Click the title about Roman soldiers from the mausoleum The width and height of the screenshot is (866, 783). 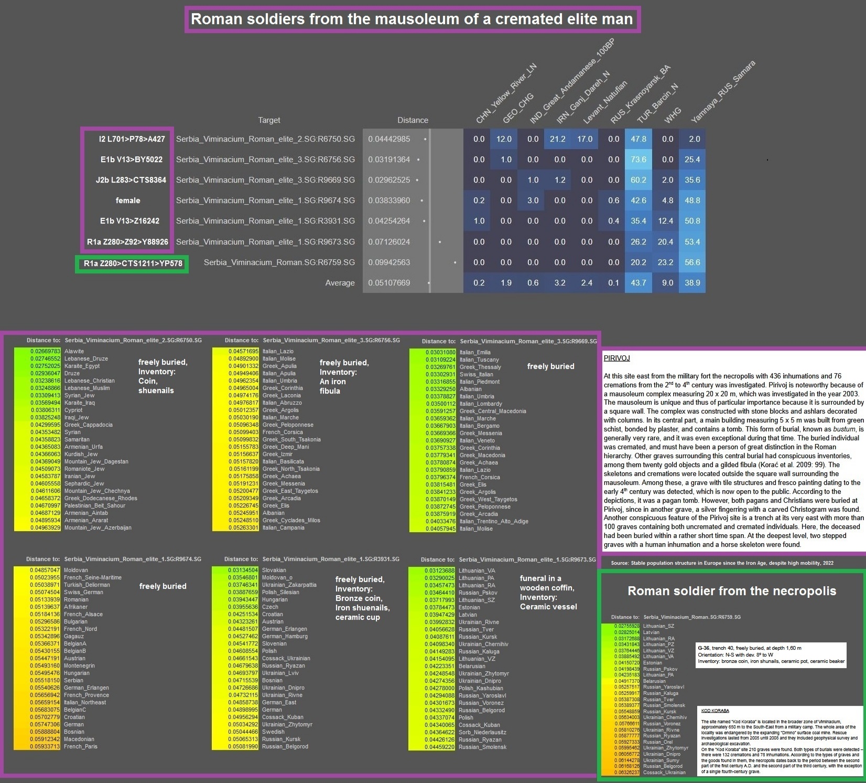point(412,19)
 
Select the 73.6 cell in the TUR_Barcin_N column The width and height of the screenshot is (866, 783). point(638,160)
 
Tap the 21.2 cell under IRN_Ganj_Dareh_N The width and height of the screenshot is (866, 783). point(557,139)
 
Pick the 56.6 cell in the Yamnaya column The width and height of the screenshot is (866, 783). point(692,262)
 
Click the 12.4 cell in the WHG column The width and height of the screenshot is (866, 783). point(665,221)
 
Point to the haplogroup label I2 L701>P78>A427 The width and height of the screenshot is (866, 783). point(132,139)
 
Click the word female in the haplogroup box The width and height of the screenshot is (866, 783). point(128,200)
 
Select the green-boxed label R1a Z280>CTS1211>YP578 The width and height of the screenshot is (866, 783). point(133,263)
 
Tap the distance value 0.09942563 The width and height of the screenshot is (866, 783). point(389,262)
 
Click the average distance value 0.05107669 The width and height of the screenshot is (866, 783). point(389,283)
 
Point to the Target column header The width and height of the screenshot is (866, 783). point(269,120)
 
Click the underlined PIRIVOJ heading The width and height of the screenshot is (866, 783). point(616,358)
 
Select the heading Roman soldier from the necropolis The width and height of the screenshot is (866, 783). point(732,591)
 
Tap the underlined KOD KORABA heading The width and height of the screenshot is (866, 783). point(715,711)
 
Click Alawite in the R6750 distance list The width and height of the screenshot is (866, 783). point(74,352)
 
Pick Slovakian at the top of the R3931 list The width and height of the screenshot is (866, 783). point(274,570)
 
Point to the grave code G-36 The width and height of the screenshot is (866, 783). point(703,648)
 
